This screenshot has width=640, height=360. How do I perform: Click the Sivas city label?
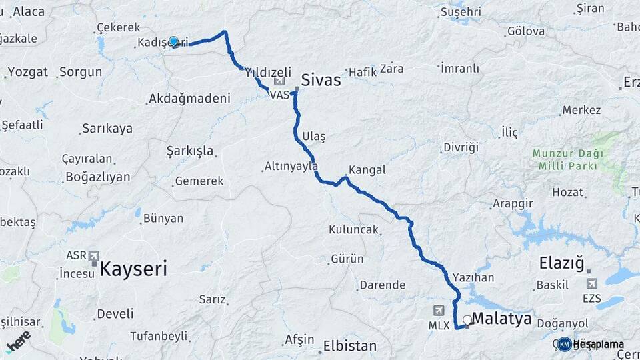[321, 81]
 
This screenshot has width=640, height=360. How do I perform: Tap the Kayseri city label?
[133, 269]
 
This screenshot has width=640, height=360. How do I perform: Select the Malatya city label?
[501, 319]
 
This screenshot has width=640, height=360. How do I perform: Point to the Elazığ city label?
[565, 263]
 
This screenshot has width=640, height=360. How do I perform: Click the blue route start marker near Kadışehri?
[174, 42]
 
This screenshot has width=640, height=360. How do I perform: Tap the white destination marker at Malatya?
[467, 320]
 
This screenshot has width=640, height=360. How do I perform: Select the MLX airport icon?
[439, 310]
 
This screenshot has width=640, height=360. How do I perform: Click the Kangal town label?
[367, 169]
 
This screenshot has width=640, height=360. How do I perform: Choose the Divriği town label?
[461, 147]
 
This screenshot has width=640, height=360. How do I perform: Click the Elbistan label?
[349, 346]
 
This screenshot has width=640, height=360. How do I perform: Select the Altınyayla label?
[291, 166]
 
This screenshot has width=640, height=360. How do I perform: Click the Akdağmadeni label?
[189, 99]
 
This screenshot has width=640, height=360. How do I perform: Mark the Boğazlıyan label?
[97, 177]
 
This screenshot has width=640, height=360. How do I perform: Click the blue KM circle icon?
[565, 344]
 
